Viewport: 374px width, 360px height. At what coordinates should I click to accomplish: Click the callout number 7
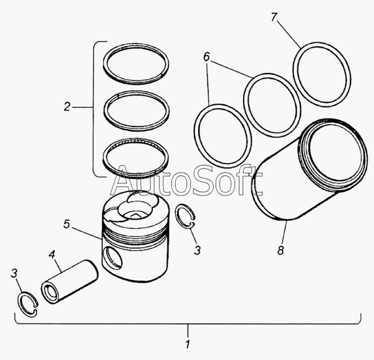coord(274,17)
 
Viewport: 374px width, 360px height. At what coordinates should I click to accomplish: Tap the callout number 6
coord(206,57)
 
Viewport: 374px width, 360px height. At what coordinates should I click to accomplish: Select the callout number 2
coord(67,107)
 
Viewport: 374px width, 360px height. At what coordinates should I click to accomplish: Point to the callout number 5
coord(67,224)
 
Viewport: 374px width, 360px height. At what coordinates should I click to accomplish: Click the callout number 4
coord(52,255)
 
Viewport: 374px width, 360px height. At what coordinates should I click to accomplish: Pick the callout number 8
coord(280,250)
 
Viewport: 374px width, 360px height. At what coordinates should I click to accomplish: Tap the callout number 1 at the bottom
coord(188,345)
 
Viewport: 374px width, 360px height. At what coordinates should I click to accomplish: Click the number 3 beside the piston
coord(197,250)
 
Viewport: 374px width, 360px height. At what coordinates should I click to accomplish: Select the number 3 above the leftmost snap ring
coord(14,273)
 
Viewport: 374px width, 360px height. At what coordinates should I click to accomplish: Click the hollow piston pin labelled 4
coord(69,281)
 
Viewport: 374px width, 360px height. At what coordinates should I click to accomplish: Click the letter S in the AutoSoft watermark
coord(206,180)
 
